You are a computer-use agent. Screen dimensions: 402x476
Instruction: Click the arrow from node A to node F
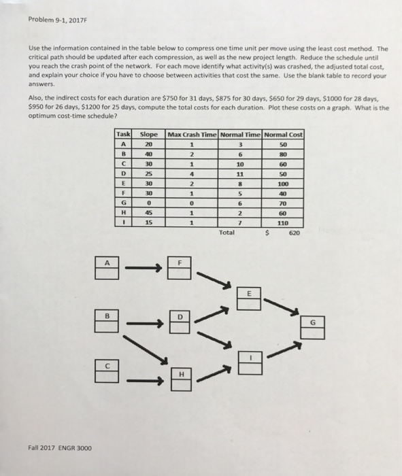coord(143,269)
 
